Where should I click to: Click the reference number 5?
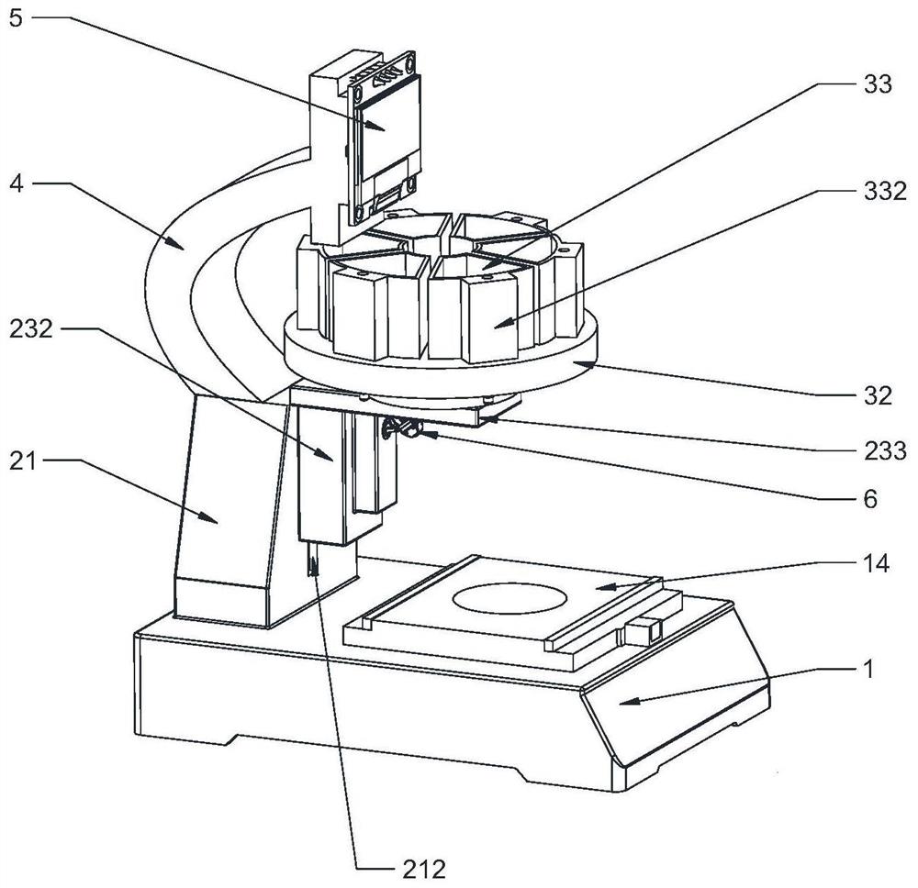pos(16,17)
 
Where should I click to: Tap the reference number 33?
pos(877,84)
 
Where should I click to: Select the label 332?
pos(885,191)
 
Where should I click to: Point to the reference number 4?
pos(17,183)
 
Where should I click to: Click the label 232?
pos(30,328)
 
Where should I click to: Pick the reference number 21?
pos(23,461)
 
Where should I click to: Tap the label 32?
pos(878,396)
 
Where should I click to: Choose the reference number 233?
pos(885,450)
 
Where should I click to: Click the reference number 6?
pos(870,499)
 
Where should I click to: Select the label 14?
pos(876,563)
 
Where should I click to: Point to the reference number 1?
pos(868,669)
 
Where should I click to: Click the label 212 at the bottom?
pos(424,870)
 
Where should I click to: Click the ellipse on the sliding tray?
pos(509,598)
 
